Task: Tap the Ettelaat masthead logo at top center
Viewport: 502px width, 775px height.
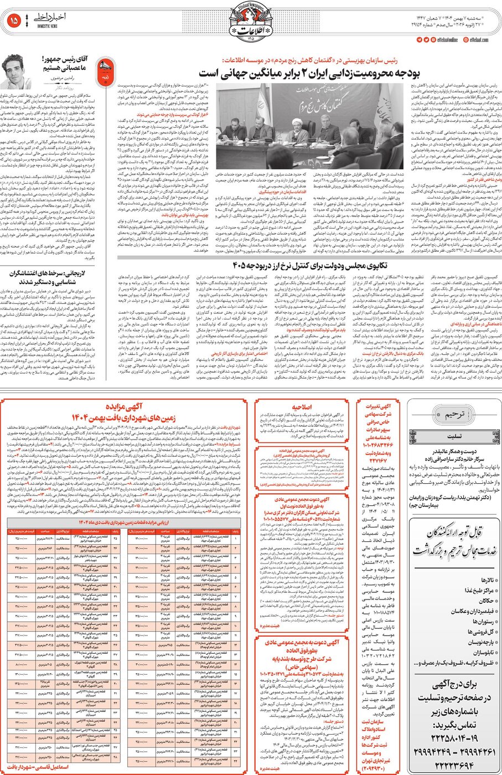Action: [250, 23]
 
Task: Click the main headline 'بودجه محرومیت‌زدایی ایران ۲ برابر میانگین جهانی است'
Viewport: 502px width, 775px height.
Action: [309, 73]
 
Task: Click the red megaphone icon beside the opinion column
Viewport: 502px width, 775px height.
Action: [103, 70]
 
